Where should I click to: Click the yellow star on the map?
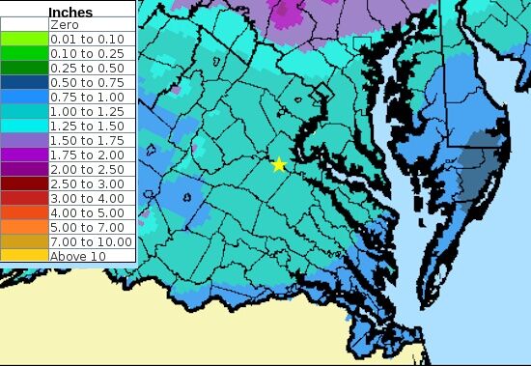tap(279, 164)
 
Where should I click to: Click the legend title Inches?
tap(70, 13)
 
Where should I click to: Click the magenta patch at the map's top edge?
tap(288, 12)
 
